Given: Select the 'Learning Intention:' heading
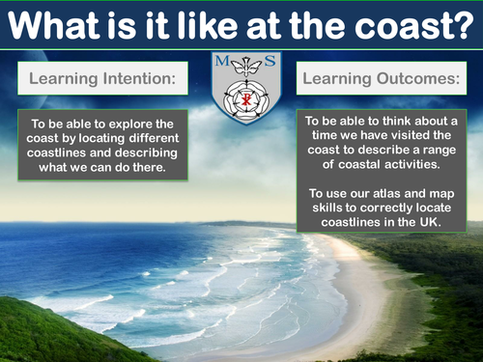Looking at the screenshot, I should click(x=101, y=76).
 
